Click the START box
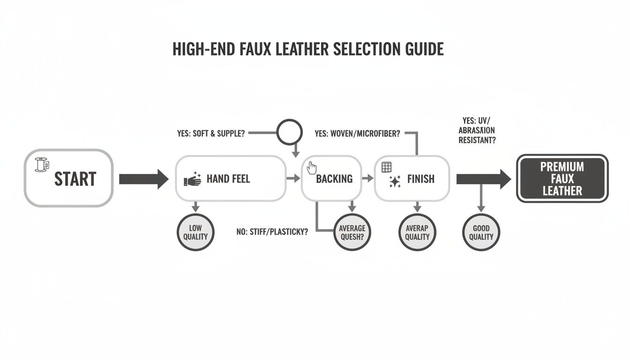[68, 178]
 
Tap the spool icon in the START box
[41, 165]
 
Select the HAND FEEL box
[230, 179]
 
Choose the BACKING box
[331, 179]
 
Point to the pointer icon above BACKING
[312, 167]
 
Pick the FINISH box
[412, 179]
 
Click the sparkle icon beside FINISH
[395, 181]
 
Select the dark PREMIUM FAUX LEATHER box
[562, 179]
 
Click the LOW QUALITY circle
[195, 232]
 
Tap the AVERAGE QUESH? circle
[352, 232]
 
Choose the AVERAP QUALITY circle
[417, 232]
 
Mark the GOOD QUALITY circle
[481, 232]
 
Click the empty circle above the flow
[290, 133]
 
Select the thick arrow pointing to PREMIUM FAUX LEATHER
[483, 179]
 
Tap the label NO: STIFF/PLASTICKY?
[272, 232]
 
